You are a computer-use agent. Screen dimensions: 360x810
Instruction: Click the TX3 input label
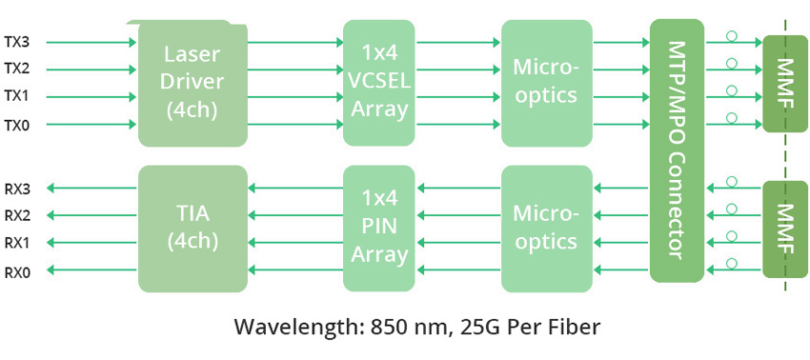pyautogui.click(x=16, y=42)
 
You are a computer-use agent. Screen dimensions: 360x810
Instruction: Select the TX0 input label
pyautogui.click(x=16, y=124)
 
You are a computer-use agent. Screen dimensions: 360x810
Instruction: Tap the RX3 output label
pyautogui.click(x=16, y=189)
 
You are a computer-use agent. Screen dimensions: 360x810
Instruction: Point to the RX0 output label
pyautogui.click(x=16, y=271)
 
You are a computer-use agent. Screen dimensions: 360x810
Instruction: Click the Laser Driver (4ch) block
pyautogui.click(x=192, y=83)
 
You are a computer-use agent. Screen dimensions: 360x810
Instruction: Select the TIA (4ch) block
pyautogui.click(x=192, y=229)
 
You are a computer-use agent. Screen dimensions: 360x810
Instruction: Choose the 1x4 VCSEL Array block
pyautogui.click(x=379, y=83)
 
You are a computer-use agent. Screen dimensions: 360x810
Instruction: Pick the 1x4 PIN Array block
pyautogui.click(x=379, y=229)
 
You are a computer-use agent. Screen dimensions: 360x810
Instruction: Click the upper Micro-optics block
pyautogui.click(x=545, y=83)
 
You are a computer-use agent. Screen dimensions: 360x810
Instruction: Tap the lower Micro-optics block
pyautogui.click(x=545, y=229)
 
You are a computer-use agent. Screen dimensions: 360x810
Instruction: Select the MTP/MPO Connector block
pyautogui.click(x=676, y=150)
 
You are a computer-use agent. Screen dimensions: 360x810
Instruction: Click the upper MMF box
pyautogui.click(x=784, y=85)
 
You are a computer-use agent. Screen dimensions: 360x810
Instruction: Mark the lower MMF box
pyautogui.click(x=784, y=229)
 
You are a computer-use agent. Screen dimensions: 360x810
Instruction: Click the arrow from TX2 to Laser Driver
pyautogui.click(x=91, y=70)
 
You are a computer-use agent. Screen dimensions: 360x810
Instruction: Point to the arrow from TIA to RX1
pyautogui.click(x=91, y=243)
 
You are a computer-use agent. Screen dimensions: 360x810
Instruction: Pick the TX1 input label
pyautogui.click(x=16, y=96)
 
